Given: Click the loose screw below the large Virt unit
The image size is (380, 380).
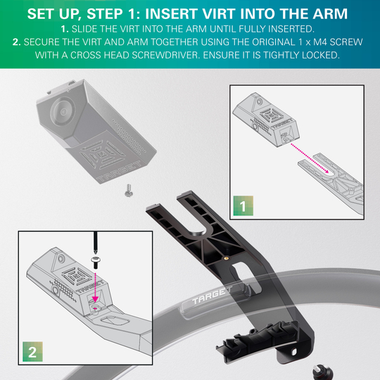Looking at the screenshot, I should tap(127, 188).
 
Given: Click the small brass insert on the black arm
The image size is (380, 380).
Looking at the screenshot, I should tap(224, 257).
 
